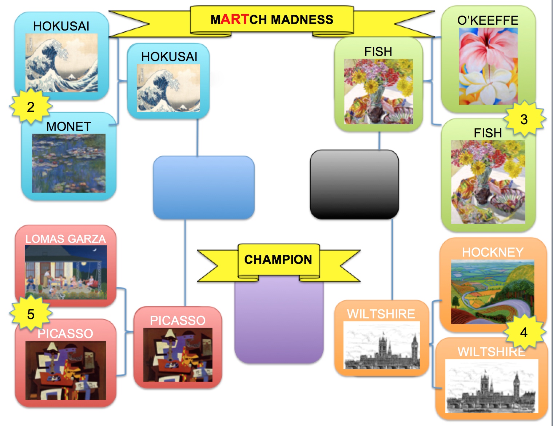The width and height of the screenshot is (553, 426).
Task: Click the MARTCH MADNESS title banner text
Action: click(x=272, y=20)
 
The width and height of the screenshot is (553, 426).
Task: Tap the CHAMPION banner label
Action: click(x=278, y=260)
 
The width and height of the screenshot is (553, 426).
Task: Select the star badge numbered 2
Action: click(x=31, y=107)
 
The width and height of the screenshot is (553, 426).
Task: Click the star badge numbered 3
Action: click(x=524, y=119)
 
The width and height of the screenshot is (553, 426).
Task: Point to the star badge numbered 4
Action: click(x=524, y=332)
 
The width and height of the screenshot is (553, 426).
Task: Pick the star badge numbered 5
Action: click(x=31, y=314)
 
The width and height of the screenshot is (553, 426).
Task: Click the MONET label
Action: click(x=68, y=126)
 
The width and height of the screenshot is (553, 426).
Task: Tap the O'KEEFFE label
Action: click(x=488, y=20)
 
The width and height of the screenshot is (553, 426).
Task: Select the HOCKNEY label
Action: click(x=493, y=252)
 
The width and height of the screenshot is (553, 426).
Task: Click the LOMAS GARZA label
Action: click(x=65, y=239)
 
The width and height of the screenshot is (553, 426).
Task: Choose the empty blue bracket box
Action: click(x=203, y=188)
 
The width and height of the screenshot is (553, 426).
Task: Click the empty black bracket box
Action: click(x=354, y=184)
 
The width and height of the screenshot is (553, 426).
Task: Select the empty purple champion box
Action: click(x=279, y=322)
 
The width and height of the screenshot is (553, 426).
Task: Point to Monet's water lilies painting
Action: click(x=69, y=163)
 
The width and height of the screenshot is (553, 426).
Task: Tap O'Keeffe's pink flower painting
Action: click(x=488, y=66)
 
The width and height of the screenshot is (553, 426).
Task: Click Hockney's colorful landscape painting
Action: click(x=493, y=292)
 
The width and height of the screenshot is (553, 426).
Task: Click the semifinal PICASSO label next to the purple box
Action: click(x=178, y=320)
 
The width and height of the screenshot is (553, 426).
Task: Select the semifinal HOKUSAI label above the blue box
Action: click(x=169, y=57)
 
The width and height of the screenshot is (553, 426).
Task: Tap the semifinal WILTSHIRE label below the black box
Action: click(x=381, y=314)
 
